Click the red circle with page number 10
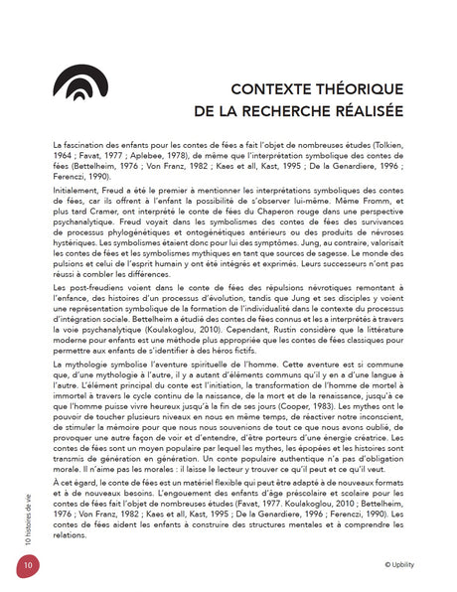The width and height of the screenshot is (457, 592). click(22, 567)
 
